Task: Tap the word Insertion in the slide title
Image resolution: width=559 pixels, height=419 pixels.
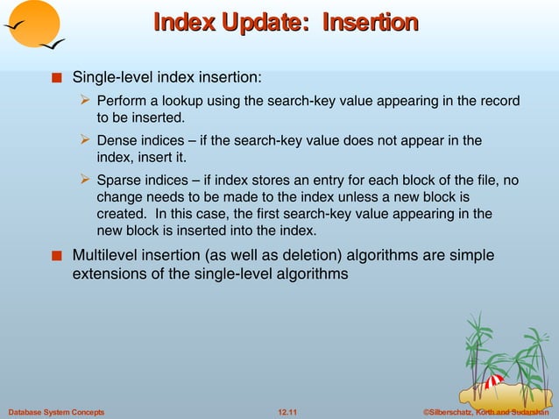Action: [369, 21]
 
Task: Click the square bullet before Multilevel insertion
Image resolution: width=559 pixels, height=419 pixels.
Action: [57, 257]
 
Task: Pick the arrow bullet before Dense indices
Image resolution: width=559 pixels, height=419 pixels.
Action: [86, 140]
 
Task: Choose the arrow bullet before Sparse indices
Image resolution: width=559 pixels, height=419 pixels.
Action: [86, 181]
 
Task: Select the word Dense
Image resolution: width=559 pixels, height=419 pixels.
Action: [116, 140]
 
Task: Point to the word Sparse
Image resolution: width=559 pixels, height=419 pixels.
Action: [118, 181]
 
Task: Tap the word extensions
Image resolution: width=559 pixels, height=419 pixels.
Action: [111, 274]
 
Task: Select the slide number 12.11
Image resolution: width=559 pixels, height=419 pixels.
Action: [286, 411]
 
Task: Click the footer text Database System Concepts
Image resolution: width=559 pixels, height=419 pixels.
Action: [56, 411]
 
